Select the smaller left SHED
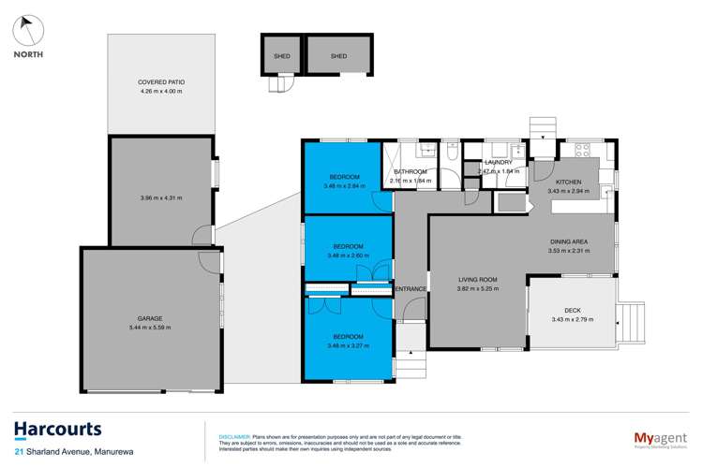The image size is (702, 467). (x=281, y=56)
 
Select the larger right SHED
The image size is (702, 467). (x=337, y=56)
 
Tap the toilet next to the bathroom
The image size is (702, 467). (x=452, y=162)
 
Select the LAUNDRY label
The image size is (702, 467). (x=499, y=163)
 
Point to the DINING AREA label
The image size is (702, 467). (x=569, y=242)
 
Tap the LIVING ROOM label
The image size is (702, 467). (x=477, y=280)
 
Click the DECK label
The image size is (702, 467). (x=573, y=312)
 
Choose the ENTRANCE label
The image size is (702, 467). (x=411, y=289)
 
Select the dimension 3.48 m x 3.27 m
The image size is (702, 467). (x=348, y=345)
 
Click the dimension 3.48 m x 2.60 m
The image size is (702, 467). (x=346, y=255)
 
